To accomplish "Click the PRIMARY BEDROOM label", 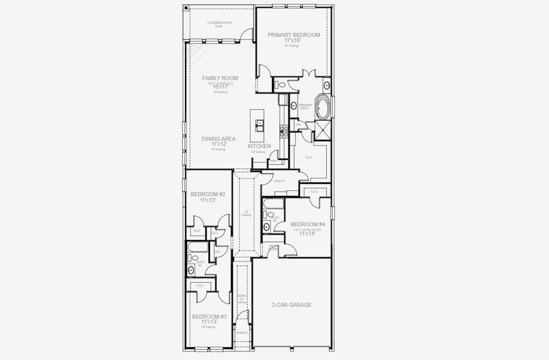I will (x=294, y=35).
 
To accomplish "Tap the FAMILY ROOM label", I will (x=220, y=78).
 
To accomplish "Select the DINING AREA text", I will (x=218, y=139).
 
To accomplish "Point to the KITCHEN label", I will (x=259, y=146).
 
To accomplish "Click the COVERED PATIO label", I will (x=219, y=23).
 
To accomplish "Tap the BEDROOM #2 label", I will (x=208, y=194).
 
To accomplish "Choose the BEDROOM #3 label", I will (x=209, y=316).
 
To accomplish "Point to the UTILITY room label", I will (x=280, y=181).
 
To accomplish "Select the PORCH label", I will (x=241, y=332).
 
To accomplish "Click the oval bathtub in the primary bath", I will (x=323, y=107).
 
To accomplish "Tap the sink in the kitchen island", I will (x=260, y=125).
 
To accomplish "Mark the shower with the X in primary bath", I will (x=322, y=130).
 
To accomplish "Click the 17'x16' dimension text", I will (x=293, y=41).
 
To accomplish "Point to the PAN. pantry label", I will (x=274, y=161).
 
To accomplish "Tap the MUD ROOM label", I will (x=273, y=247).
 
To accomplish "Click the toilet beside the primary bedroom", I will (x=281, y=85).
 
